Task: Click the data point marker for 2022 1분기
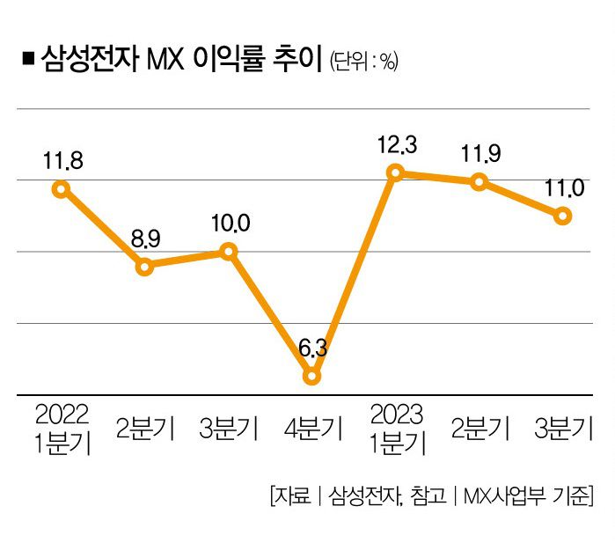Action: [x=61, y=188]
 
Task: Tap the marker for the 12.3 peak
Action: [x=396, y=172]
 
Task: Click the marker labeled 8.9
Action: [x=145, y=266]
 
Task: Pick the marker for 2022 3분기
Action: [x=229, y=252]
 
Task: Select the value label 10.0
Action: [x=230, y=224]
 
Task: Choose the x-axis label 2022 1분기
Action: [x=62, y=428]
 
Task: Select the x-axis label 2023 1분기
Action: [x=397, y=428]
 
